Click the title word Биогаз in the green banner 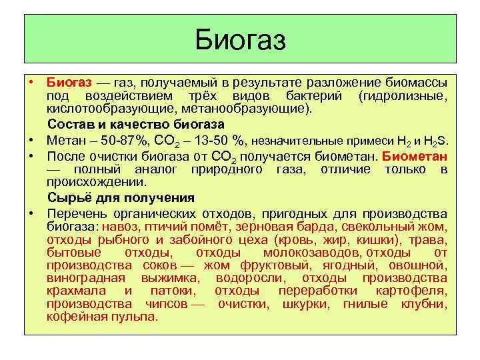tap(240, 40)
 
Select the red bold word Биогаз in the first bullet tap(69, 82)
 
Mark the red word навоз tap(121, 227)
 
